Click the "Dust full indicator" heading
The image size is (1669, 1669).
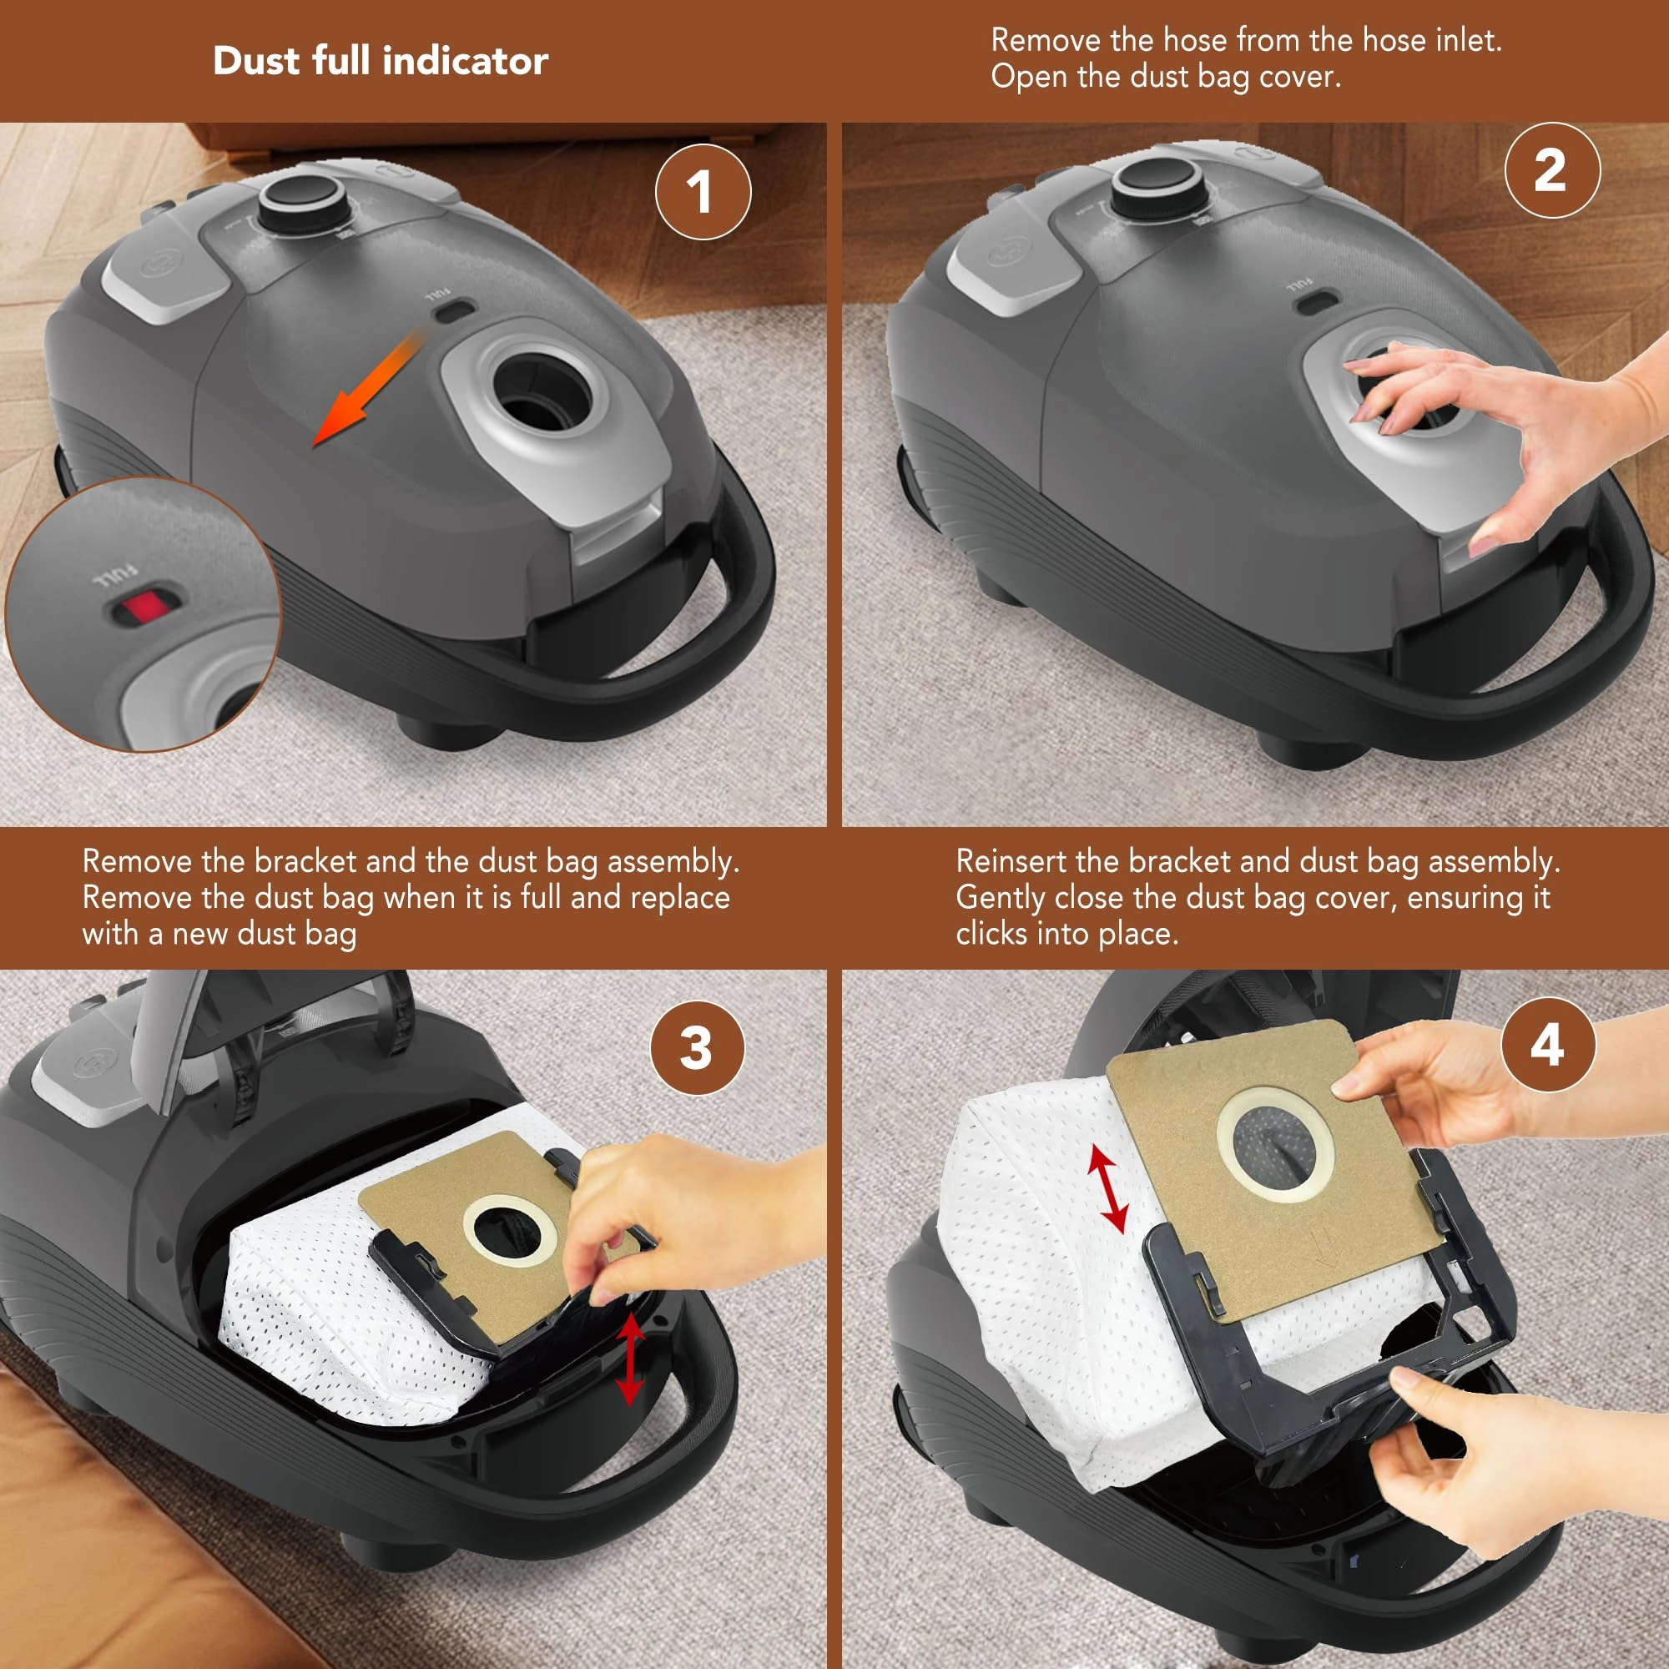click(380, 60)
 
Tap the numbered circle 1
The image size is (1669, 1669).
click(703, 192)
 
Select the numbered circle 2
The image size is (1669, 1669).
click(1552, 170)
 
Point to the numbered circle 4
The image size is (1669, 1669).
click(1548, 1045)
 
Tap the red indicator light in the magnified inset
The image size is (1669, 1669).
click(145, 607)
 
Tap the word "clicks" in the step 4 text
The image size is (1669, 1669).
click(991, 934)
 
